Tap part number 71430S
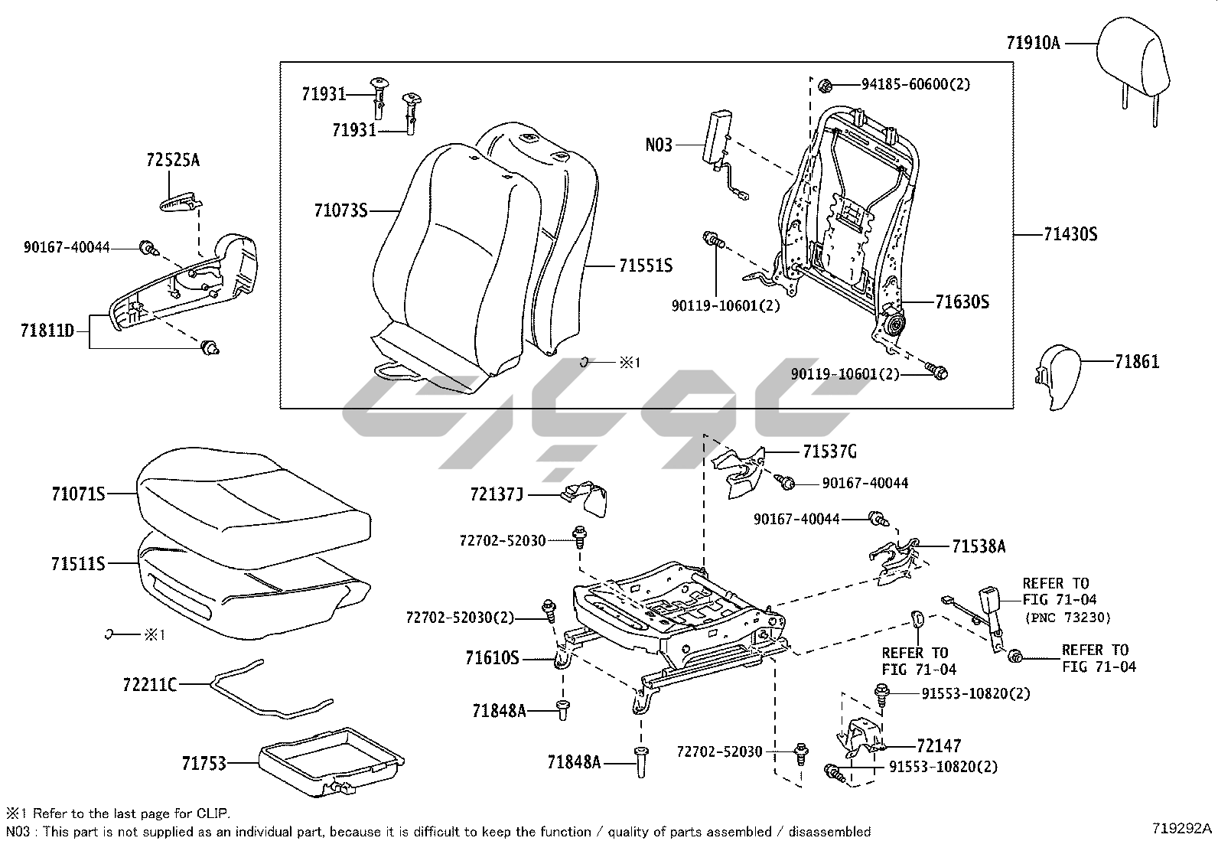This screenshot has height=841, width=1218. [x=1070, y=234]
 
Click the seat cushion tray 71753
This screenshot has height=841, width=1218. [x=331, y=759]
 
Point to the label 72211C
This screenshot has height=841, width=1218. [x=149, y=684]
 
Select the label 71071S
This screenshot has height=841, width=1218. [x=78, y=494]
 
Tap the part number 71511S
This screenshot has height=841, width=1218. [x=78, y=564]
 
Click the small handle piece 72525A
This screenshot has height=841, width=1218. [x=181, y=202]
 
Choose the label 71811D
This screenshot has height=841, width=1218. [x=47, y=331]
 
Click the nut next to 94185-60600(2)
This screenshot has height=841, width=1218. [x=824, y=84]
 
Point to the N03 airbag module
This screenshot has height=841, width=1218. [x=718, y=136]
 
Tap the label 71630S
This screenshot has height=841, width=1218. [x=962, y=302]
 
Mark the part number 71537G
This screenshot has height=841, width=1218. [x=829, y=451]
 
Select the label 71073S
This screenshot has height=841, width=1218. [x=340, y=210]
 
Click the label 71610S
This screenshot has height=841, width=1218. [x=492, y=657]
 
